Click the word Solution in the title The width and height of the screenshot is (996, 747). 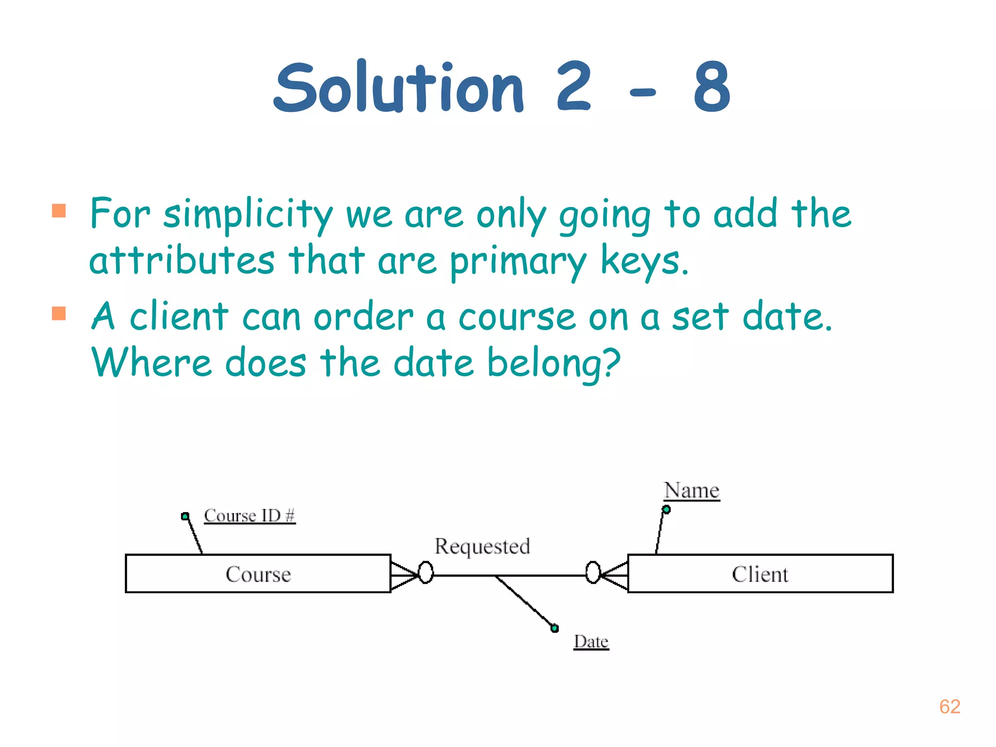[399, 88]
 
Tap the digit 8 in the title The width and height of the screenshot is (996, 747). [711, 88]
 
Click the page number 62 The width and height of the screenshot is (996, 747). [949, 707]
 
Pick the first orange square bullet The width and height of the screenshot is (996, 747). [59, 211]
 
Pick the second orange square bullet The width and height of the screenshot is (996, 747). [59, 313]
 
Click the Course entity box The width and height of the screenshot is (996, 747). [258, 574]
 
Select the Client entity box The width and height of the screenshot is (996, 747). [760, 574]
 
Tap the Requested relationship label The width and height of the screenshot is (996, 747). [482, 547]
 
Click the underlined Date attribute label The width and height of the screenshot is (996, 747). [591, 642]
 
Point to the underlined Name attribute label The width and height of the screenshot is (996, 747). [692, 490]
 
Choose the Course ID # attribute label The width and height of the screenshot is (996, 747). [249, 516]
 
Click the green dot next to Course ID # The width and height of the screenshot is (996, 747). [185, 516]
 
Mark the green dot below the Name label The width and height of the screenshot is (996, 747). [666, 510]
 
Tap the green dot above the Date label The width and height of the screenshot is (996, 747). [554, 628]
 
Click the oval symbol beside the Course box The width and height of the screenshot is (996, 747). [426, 572]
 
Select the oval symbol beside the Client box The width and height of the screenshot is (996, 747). [593, 572]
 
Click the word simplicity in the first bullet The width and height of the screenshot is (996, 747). [248, 214]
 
